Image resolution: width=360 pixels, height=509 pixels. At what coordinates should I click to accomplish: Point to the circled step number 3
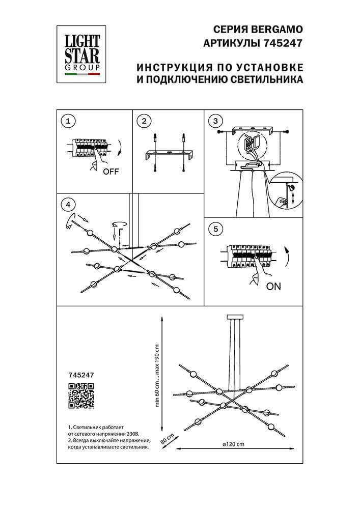(216, 121)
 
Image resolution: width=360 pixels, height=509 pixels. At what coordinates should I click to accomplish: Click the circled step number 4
(67, 205)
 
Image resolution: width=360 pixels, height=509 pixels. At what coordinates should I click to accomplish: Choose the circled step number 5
(216, 229)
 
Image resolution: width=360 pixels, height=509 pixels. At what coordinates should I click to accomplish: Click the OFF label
(110, 172)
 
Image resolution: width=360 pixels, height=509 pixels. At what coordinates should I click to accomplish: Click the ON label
(273, 287)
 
